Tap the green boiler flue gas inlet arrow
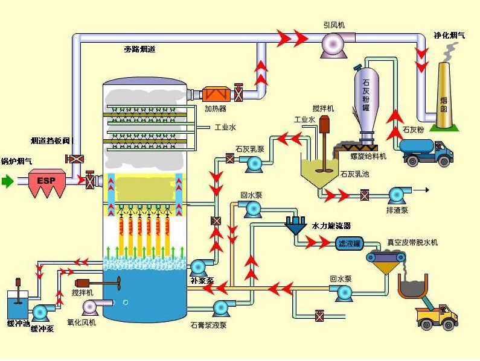(7, 181)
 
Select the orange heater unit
(216, 94)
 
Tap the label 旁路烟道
(139, 49)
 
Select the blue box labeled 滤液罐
(348, 243)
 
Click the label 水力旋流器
(331, 225)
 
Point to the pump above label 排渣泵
(397, 195)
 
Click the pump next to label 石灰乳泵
(252, 162)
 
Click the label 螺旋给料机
(368, 156)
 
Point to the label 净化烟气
(449, 36)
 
